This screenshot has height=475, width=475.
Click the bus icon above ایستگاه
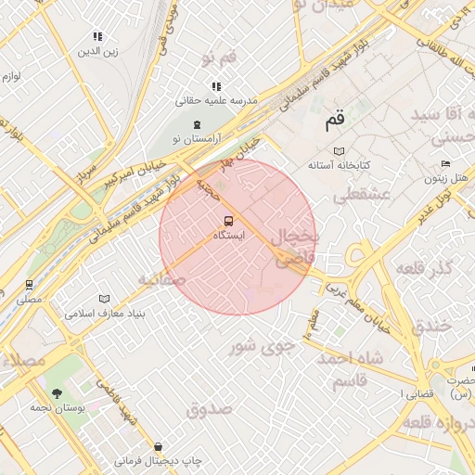(228, 221)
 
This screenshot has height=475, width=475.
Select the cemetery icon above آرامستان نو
(196, 124)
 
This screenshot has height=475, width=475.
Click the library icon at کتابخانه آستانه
(340, 151)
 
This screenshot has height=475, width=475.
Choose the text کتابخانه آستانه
(340, 164)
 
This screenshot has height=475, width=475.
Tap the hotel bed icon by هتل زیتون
(446, 164)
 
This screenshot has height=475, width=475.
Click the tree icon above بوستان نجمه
(58, 393)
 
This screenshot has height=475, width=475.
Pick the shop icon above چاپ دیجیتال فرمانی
(158, 446)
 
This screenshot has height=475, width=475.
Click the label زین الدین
(98, 50)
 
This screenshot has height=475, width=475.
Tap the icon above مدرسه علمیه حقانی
(216, 86)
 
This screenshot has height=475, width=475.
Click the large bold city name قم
(335, 120)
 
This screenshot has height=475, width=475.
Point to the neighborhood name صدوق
(206, 408)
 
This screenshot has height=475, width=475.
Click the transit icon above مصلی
(30, 285)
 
